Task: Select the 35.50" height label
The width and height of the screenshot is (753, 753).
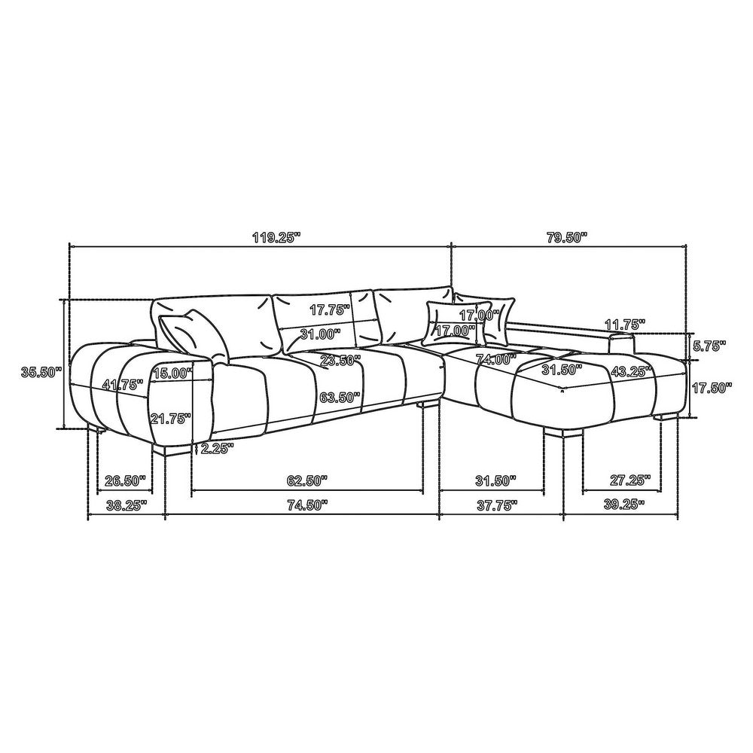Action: [41, 371]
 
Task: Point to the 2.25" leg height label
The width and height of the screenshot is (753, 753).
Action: [217, 449]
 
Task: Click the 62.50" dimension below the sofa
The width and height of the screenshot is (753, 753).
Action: [307, 480]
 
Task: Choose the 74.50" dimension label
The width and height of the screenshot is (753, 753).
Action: [307, 505]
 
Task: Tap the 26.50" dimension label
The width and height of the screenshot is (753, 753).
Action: [125, 480]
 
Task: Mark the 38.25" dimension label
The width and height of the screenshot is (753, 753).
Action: [126, 505]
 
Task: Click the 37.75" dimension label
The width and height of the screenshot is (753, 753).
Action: [498, 505]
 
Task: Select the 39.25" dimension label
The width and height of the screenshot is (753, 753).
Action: [623, 505]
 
